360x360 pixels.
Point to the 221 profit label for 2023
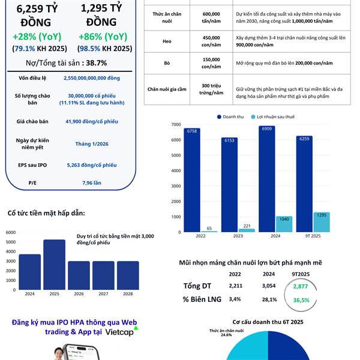pos(247,226)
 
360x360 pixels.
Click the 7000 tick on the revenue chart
pos(176,124)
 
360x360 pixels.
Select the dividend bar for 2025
pos(54,264)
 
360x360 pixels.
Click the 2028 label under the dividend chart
pos(127,294)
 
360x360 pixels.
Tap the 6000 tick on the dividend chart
pos(10,232)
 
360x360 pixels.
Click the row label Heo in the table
pos(167,41)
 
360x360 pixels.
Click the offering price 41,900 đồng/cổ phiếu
pos(91,121)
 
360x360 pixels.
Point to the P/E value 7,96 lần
pos(91,182)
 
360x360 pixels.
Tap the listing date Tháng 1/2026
pos(91,144)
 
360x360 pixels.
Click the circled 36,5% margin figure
pos(301,300)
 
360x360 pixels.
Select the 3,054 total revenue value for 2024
pos(269,286)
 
